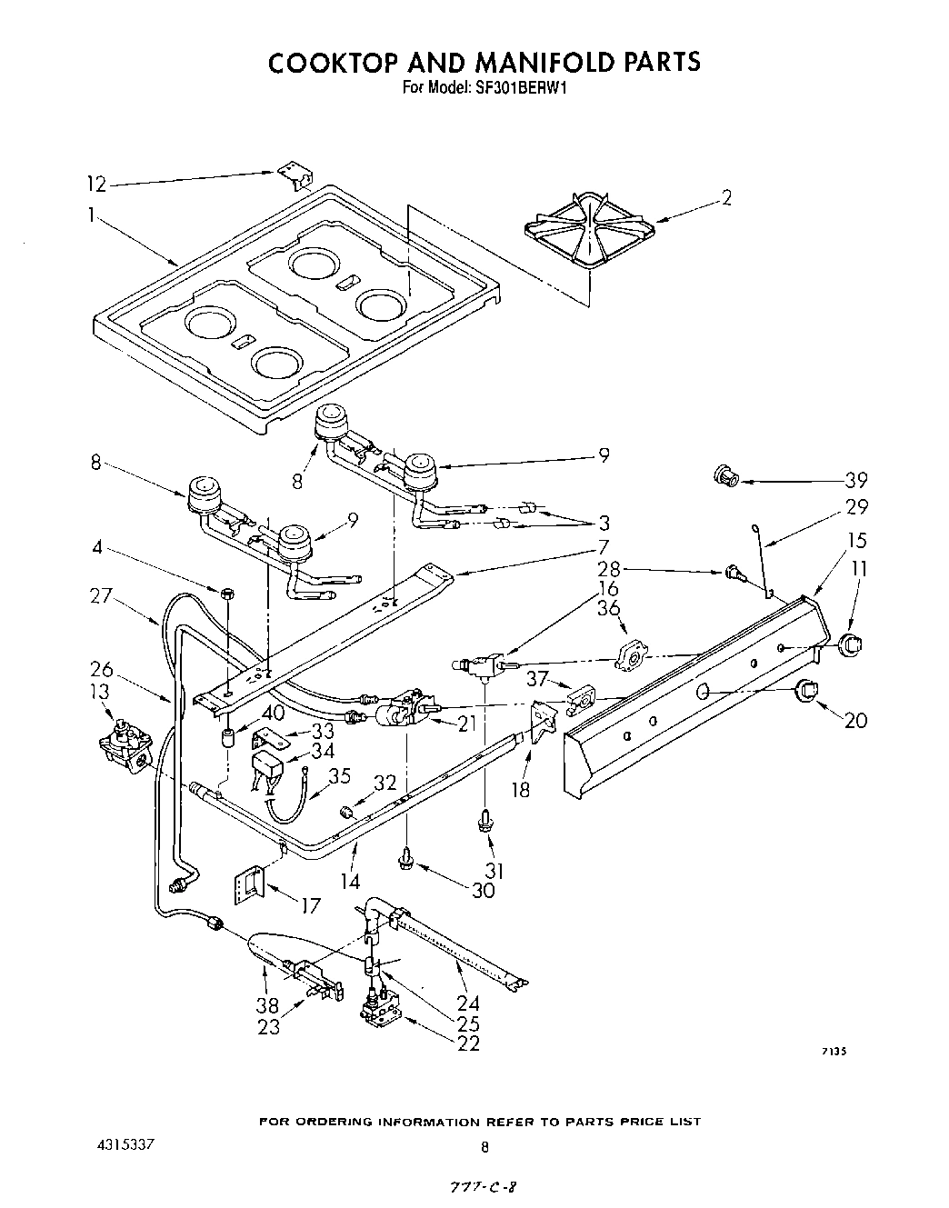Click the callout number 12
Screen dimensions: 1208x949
(95, 185)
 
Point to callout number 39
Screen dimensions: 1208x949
(855, 480)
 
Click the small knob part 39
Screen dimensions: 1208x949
(725, 474)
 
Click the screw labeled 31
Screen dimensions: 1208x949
(484, 823)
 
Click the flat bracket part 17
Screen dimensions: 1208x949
(249, 882)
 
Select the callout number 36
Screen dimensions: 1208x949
(609, 611)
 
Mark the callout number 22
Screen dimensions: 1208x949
(468, 1043)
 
